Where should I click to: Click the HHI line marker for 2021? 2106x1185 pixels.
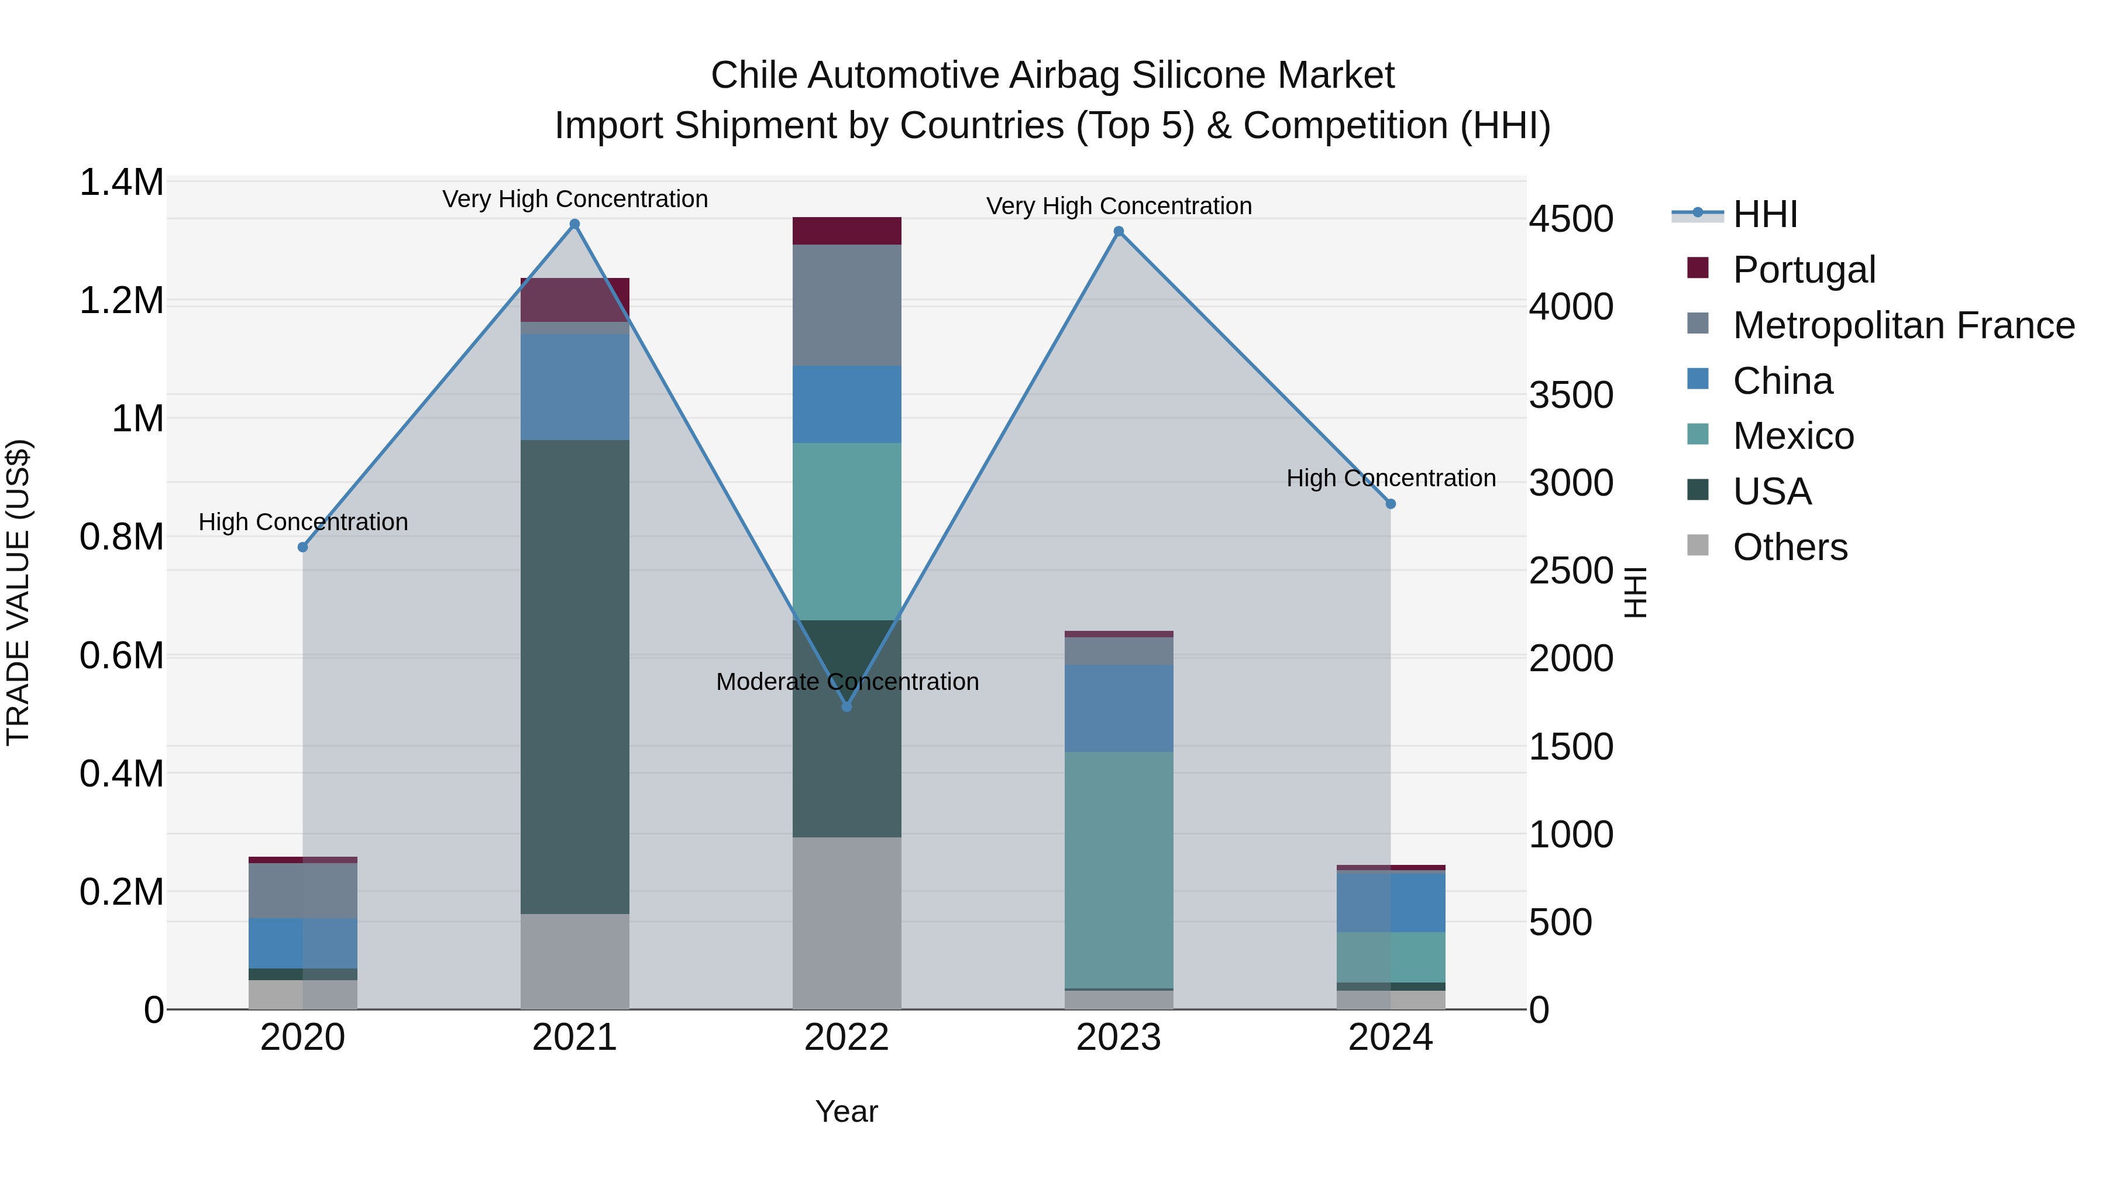(574, 224)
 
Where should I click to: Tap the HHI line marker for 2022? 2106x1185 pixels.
(847, 706)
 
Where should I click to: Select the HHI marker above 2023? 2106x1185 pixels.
(1119, 231)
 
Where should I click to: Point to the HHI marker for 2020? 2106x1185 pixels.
(302, 547)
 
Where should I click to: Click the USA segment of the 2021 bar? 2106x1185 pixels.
(574, 677)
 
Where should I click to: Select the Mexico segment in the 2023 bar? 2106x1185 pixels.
(1119, 870)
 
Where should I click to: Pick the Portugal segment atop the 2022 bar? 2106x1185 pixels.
(847, 231)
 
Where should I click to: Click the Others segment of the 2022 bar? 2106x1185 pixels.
(847, 922)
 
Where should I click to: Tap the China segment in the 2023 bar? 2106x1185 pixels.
(1119, 708)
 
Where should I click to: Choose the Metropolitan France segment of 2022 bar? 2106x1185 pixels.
(847, 305)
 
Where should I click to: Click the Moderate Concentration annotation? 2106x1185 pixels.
(847, 681)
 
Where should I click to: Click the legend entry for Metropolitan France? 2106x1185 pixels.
(1903, 325)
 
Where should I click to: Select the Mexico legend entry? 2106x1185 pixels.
(1793, 436)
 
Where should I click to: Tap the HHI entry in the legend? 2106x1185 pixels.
(1764, 214)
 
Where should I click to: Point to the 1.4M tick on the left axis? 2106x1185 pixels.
(121, 183)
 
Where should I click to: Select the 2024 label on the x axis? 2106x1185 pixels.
(1390, 1038)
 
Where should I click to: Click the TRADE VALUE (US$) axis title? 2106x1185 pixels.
(18, 592)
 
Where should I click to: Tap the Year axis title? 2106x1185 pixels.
(846, 1111)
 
